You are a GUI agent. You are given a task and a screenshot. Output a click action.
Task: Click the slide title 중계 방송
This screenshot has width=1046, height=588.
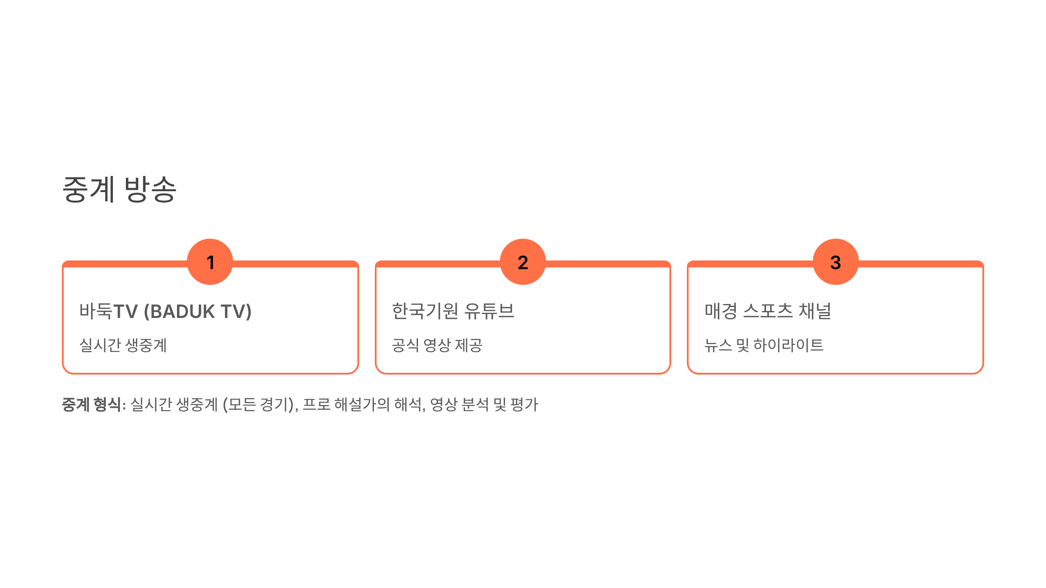pyautogui.click(x=119, y=189)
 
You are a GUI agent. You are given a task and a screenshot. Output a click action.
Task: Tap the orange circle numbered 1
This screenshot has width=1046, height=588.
pyautogui.click(x=210, y=262)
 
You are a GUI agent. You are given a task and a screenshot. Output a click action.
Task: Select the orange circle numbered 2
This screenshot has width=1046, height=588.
pyautogui.click(x=523, y=262)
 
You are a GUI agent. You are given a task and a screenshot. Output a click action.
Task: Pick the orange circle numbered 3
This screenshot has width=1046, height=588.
pyautogui.click(x=835, y=262)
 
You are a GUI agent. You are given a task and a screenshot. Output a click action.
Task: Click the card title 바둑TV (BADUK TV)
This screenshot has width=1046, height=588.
pyautogui.click(x=165, y=311)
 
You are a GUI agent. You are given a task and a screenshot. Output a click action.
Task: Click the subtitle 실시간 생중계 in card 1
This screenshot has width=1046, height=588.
pyautogui.click(x=123, y=345)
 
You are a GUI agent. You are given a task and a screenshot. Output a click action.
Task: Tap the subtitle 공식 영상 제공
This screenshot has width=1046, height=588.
pyautogui.click(x=437, y=345)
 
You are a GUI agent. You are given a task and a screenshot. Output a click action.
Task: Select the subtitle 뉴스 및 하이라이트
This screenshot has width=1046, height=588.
pyautogui.click(x=764, y=345)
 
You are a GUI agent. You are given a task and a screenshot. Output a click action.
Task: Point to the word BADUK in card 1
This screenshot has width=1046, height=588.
pyautogui.click(x=182, y=312)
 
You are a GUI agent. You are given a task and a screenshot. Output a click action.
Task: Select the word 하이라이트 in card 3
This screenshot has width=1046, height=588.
pyautogui.click(x=788, y=345)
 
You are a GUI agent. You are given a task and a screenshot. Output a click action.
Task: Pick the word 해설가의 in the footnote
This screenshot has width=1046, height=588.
pyautogui.click(x=362, y=405)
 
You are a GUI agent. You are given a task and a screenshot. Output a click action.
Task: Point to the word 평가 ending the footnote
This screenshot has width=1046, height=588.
pyautogui.click(x=524, y=405)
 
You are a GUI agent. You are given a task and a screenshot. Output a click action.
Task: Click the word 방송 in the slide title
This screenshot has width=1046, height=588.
pyautogui.click(x=150, y=189)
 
